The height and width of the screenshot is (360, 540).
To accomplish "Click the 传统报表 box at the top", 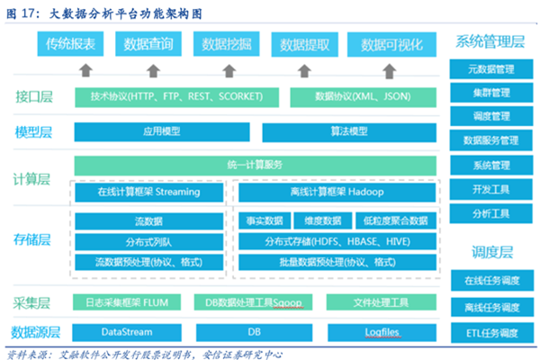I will (x=71, y=43).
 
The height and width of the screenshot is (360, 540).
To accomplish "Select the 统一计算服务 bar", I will (x=256, y=165).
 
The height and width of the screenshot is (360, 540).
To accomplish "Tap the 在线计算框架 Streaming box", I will (x=149, y=192).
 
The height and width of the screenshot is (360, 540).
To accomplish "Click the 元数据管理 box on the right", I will (x=490, y=69).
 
